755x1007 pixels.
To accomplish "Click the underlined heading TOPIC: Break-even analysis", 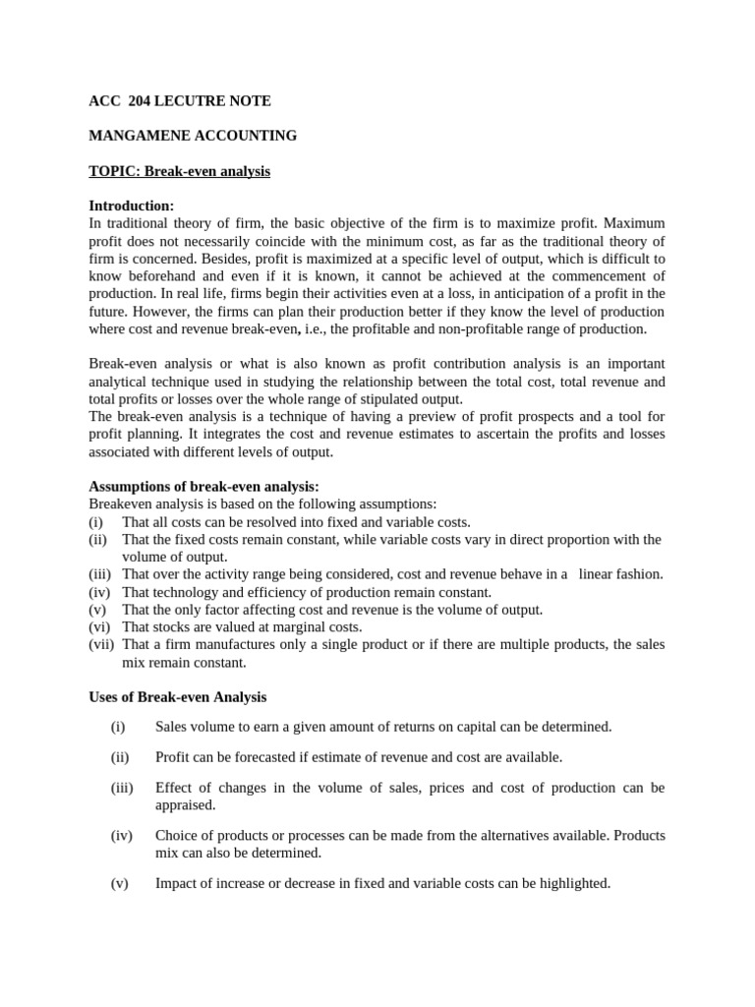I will click(x=179, y=171).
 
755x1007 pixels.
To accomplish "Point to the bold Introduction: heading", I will click(x=131, y=206).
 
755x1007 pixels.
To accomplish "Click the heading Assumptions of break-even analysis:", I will click(x=203, y=487).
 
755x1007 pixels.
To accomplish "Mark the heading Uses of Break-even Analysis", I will click(x=177, y=697).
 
